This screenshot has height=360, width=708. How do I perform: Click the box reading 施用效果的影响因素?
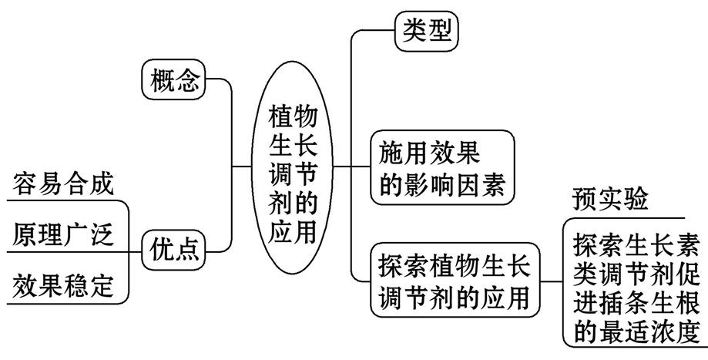tap(440, 168)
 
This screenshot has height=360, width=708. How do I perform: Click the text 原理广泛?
tap(63, 236)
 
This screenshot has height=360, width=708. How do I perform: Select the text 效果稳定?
tap(63, 287)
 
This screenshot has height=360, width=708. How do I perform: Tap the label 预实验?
tap(609, 199)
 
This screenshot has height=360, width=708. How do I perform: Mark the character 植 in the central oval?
tap(280, 116)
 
